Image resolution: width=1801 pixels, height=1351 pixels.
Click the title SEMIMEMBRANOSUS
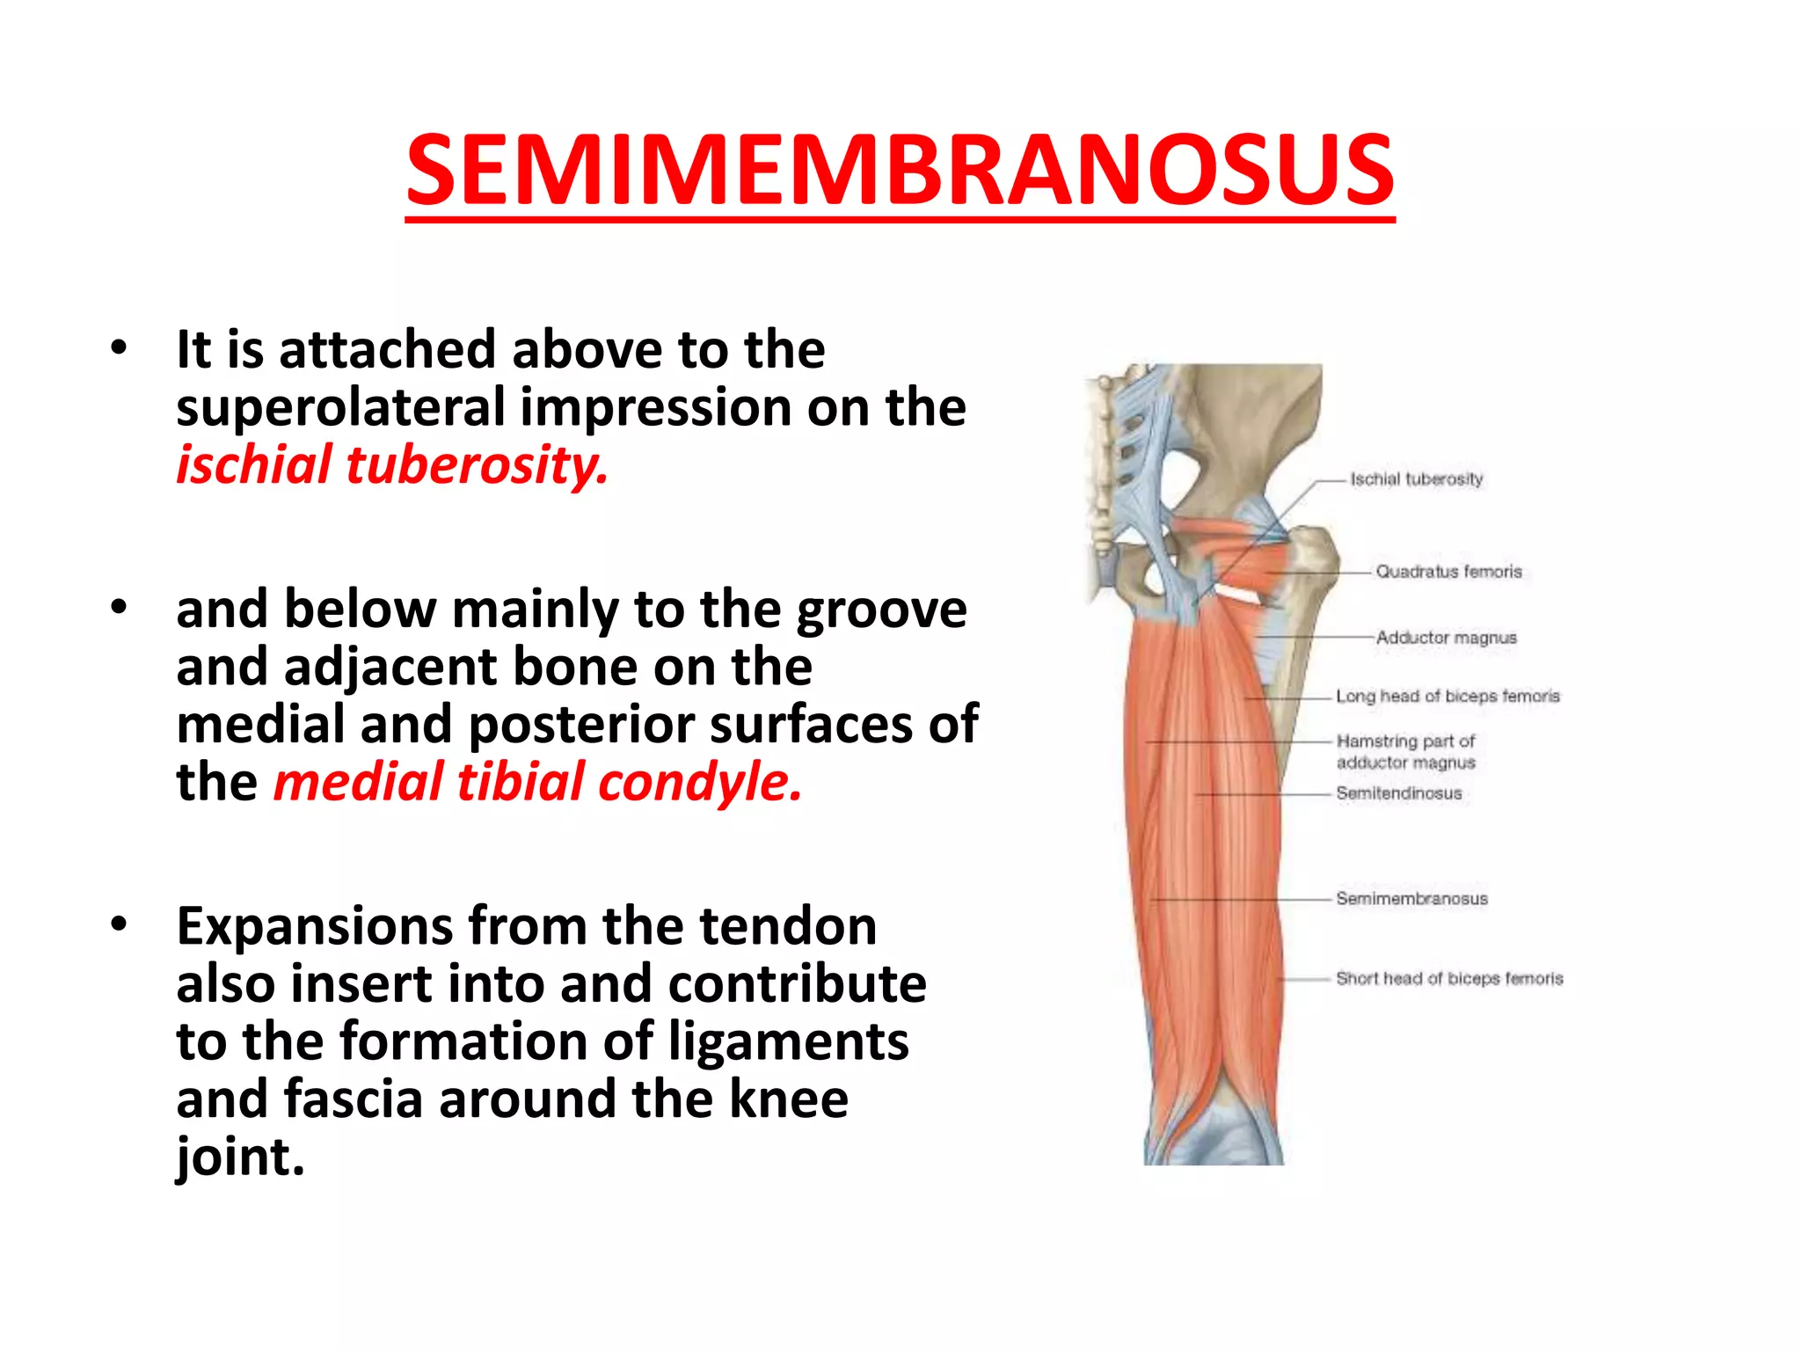(x=900, y=170)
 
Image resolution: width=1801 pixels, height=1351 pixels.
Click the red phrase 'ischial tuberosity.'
(x=392, y=464)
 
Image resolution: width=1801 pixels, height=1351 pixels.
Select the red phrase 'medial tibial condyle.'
(x=537, y=781)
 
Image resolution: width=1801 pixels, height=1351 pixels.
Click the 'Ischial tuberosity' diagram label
(x=1416, y=479)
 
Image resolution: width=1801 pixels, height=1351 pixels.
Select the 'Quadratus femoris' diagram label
(x=1448, y=572)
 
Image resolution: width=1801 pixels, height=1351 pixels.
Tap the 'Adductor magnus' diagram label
(x=1446, y=638)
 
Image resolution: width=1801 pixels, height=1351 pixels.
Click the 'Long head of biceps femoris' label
(x=1447, y=697)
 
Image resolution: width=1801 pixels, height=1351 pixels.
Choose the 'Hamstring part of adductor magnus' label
(x=1405, y=752)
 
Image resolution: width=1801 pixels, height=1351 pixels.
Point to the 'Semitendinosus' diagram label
(x=1398, y=793)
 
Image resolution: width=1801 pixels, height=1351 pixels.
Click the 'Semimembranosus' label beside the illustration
(x=1411, y=899)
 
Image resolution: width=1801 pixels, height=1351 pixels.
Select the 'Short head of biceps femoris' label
(x=1449, y=979)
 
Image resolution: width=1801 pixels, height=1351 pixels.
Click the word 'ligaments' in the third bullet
(x=789, y=1041)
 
